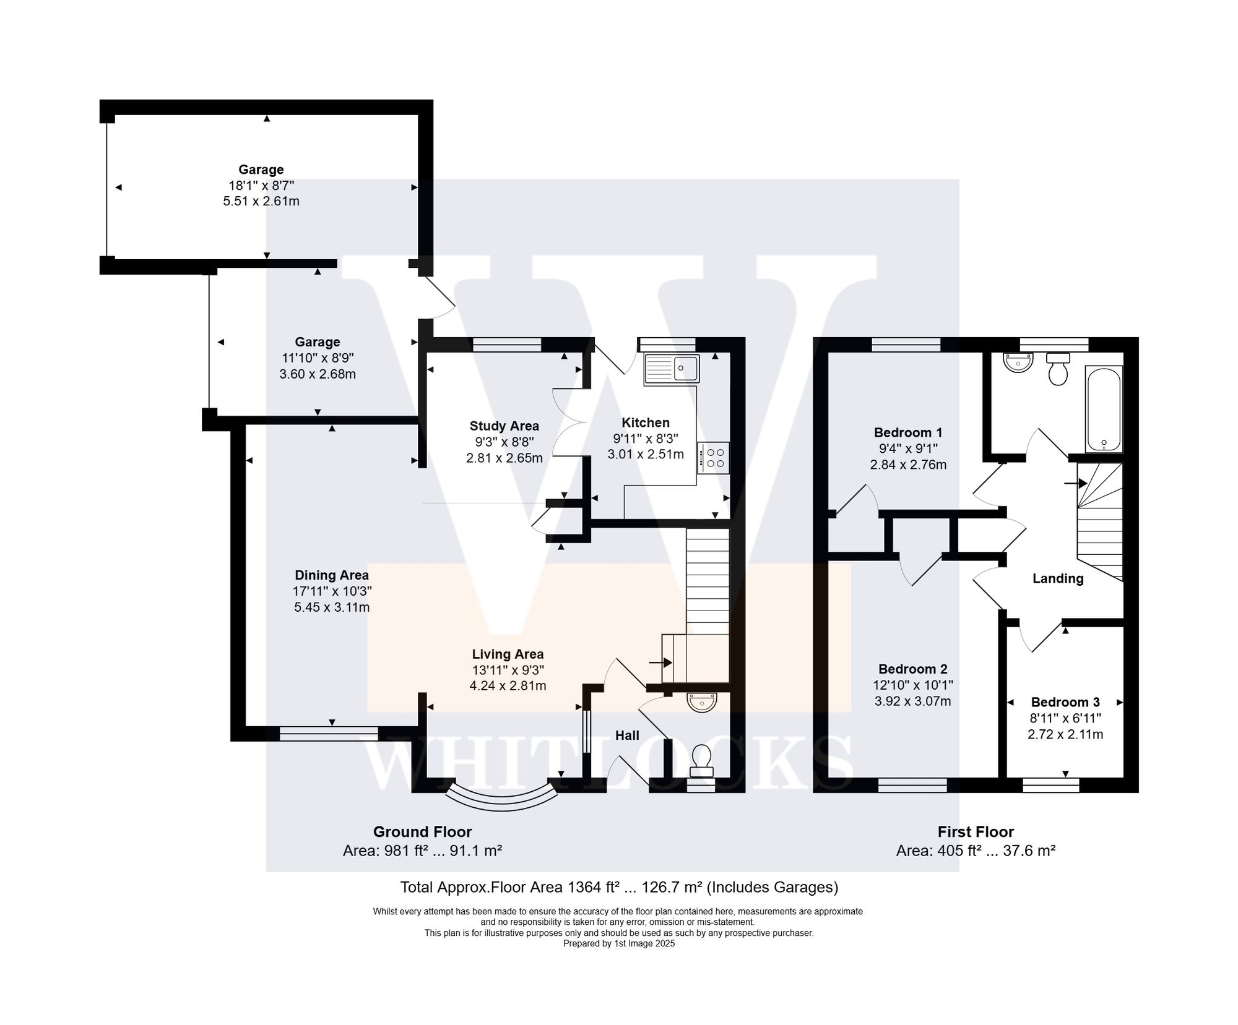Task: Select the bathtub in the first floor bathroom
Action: [1104, 409]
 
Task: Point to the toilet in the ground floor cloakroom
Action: [701, 760]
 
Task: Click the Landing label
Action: [1057, 578]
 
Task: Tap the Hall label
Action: [627, 735]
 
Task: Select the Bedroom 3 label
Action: [1065, 702]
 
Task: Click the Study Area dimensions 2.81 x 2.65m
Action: [504, 458]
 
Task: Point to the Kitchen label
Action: [645, 422]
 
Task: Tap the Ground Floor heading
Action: [422, 831]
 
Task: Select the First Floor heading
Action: [975, 831]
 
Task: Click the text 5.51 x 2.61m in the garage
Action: [261, 201]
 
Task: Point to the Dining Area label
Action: [331, 575]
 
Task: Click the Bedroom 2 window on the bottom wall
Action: [912, 785]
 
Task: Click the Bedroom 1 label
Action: [907, 432]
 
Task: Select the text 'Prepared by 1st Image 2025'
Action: [618, 944]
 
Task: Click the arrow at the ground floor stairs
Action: [660, 663]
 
